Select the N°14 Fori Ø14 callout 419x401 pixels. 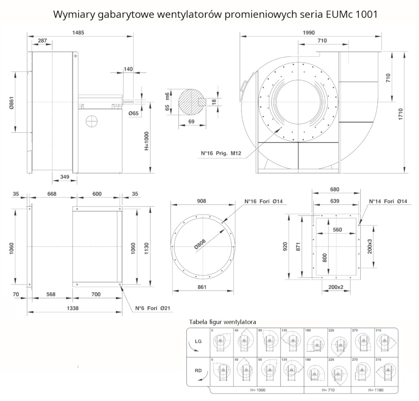tap(388, 202)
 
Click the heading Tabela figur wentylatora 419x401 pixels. tap(222, 321)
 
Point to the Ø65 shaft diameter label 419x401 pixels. tap(134, 113)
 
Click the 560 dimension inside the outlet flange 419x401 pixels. tap(337, 230)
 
